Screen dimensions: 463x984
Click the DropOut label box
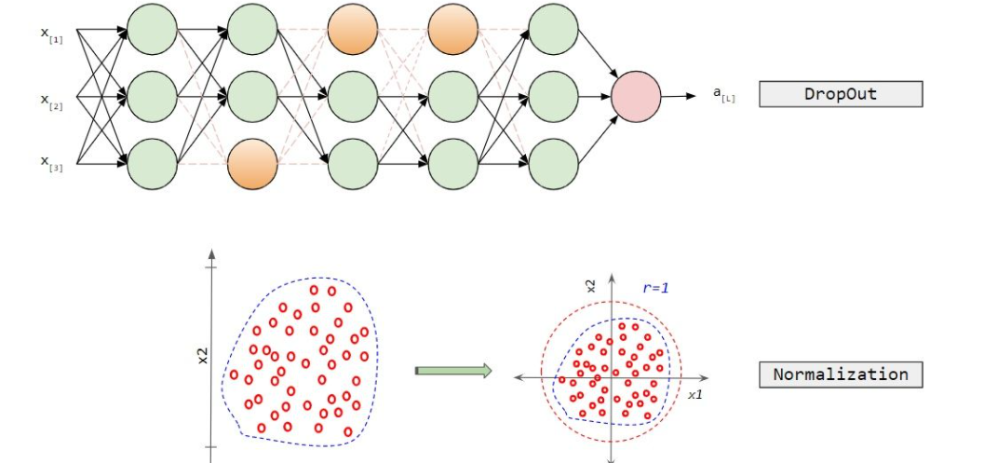pyautogui.click(x=841, y=94)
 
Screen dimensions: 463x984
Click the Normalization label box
pyautogui.click(x=841, y=374)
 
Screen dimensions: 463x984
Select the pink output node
pyautogui.click(x=636, y=95)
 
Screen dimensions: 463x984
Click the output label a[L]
pyautogui.click(x=723, y=94)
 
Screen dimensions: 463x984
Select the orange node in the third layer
pyautogui.click(x=353, y=29)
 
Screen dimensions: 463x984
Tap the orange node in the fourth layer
pyautogui.click(x=453, y=29)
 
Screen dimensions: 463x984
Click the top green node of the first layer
pyautogui.click(x=152, y=29)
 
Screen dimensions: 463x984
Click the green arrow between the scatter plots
pyautogui.click(x=452, y=371)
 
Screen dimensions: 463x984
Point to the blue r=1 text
pyautogui.click(x=655, y=288)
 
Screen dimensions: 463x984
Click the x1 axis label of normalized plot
pyautogui.click(x=694, y=395)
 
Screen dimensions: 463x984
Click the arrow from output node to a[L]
pyautogui.click(x=682, y=95)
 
